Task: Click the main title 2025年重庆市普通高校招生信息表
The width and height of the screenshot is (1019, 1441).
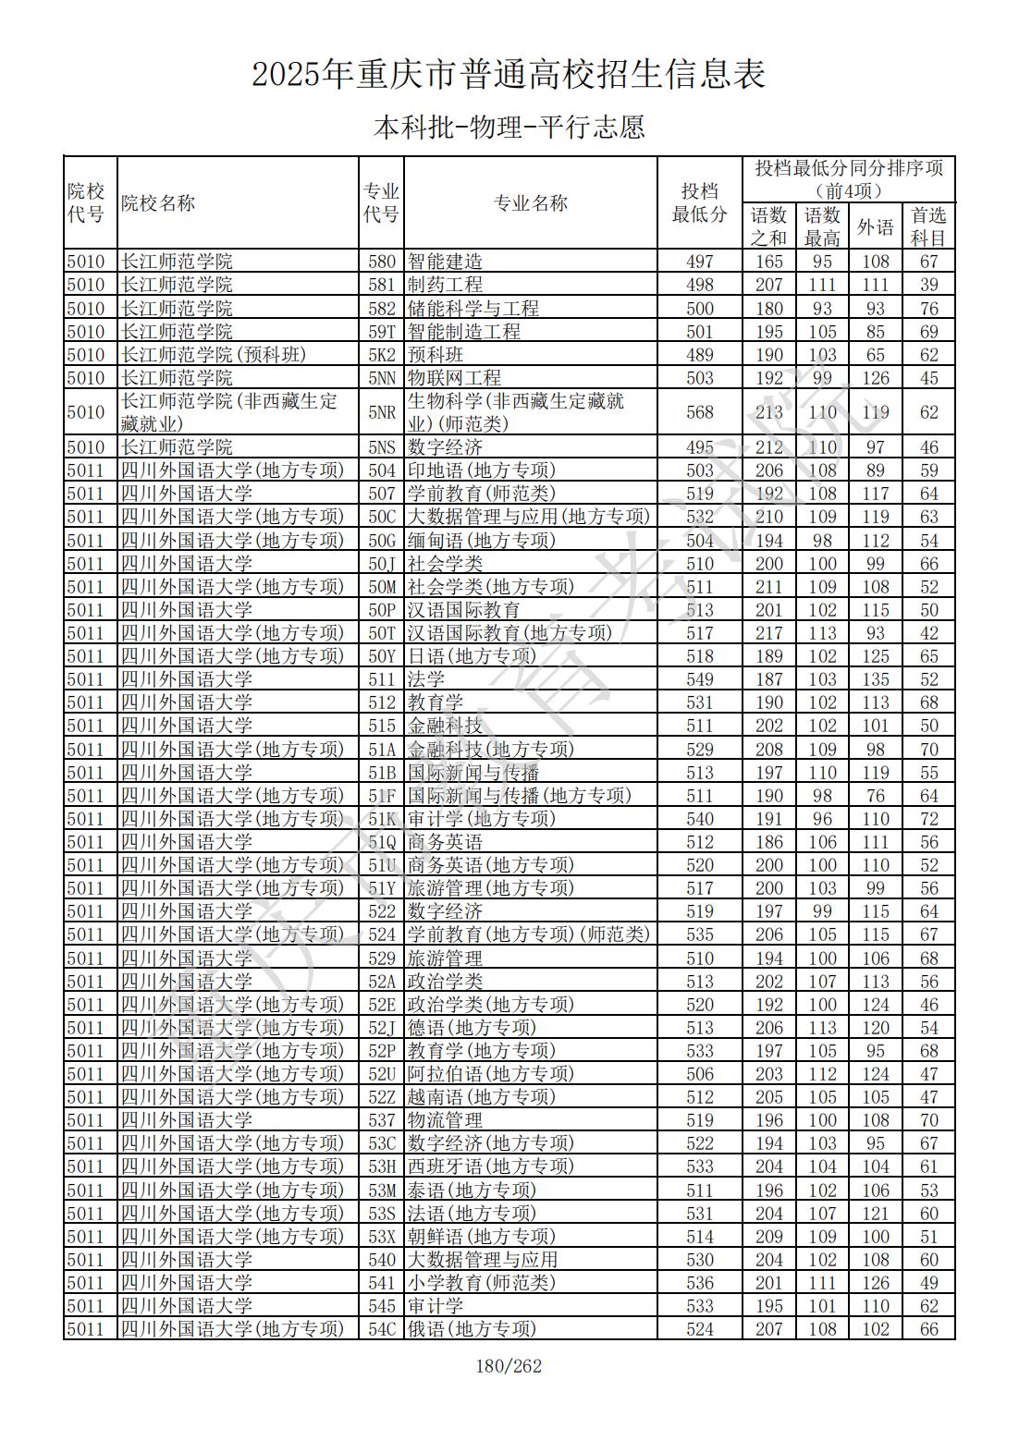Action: (509, 75)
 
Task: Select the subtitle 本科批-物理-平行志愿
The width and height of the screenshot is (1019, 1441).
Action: (509, 127)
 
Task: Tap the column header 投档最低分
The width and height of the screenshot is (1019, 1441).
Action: (699, 203)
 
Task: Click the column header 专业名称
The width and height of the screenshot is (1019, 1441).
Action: (530, 203)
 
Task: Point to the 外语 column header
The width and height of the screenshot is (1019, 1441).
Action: (875, 226)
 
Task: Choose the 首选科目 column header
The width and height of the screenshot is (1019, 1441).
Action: (928, 226)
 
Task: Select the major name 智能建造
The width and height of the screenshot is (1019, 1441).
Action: (445, 262)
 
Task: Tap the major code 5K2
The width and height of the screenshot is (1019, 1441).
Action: (381, 355)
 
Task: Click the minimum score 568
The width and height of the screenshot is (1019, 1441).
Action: (700, 412)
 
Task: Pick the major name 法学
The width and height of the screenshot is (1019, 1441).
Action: (426, 679)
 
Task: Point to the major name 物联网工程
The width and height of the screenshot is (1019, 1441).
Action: (454, 378)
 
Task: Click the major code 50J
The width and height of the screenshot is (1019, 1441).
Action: (381, 564)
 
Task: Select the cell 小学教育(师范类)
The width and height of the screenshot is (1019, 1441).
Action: (481, 1283)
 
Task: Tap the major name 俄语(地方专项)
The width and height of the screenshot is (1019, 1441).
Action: (472, 1329)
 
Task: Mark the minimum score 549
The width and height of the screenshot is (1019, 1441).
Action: (700, 679)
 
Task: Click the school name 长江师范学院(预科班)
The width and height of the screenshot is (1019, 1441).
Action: (214, 355)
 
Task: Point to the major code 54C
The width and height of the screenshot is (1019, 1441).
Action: (381, 1329)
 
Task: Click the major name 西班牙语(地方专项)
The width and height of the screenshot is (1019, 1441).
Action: (490, 1166)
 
